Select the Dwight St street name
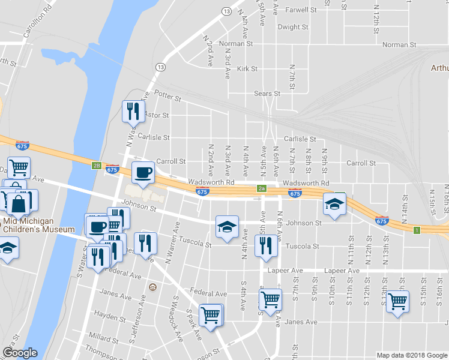tap(293, 27)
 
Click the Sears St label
tap(267, 94)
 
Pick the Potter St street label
tap(167, 95)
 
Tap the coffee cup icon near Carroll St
tap(143, 172)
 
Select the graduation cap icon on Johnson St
tap(227, 227)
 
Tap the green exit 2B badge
tap(95, 166)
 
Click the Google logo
tap(19, 353)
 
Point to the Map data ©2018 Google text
tap(411, 355)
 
